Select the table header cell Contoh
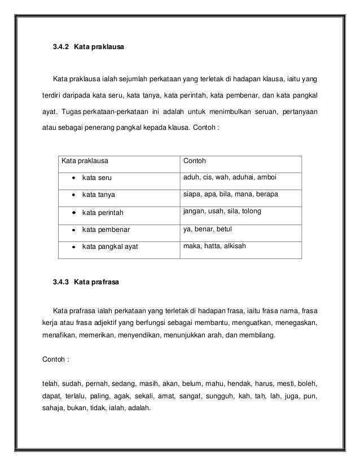[195, 161]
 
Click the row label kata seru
[97, 178]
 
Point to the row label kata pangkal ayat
[111, 247]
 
